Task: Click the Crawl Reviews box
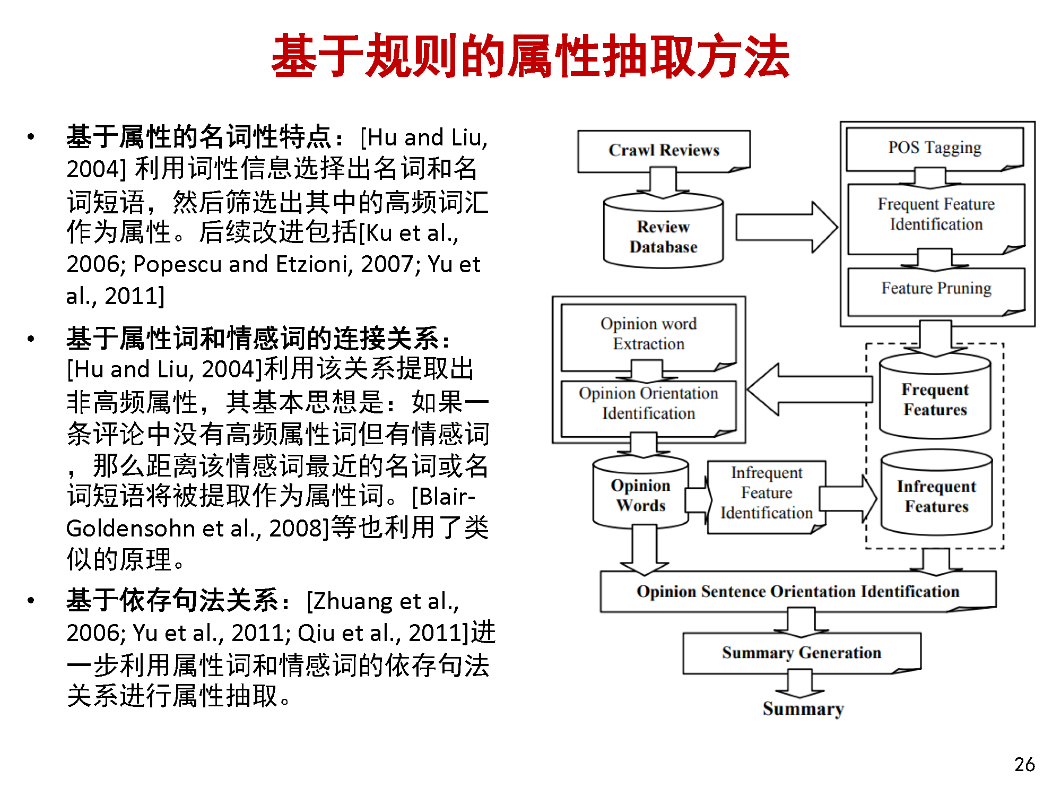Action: click(664, 151)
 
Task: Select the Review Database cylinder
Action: click(663, 231)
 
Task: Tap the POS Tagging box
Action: click(935, 149)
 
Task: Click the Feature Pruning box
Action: click(936, 291)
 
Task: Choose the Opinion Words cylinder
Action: click(641, 492)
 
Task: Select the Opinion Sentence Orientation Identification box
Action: click(798, 592)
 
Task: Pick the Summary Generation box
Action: click(802, 653)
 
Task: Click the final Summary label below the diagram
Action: click(803, 709)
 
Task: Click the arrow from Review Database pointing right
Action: click(787, 227)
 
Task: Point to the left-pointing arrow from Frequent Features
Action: click(810, 390)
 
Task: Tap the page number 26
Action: click(1024, 764)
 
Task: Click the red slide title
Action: click(530, 56)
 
